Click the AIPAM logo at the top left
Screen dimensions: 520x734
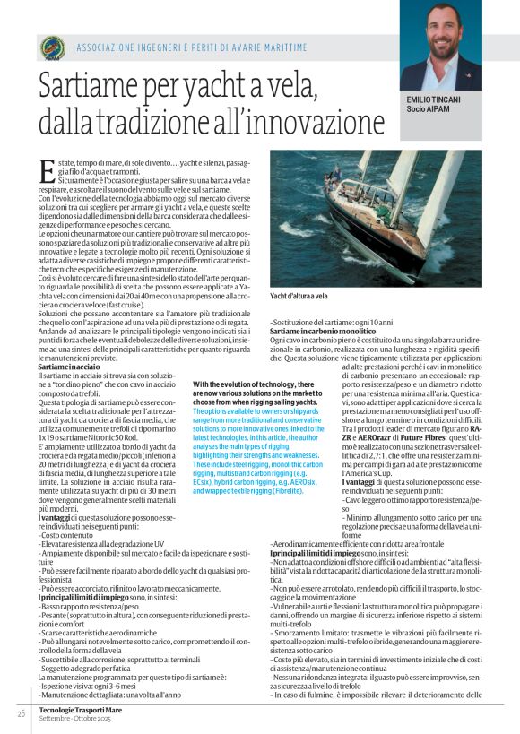click(53, 47)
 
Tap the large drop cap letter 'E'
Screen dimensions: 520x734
click(46, 168)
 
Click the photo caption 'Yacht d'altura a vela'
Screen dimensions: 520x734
click(299, 295)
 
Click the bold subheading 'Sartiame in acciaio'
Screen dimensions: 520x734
click(68, 367)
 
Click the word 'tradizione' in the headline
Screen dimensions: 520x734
click(169, 121)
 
